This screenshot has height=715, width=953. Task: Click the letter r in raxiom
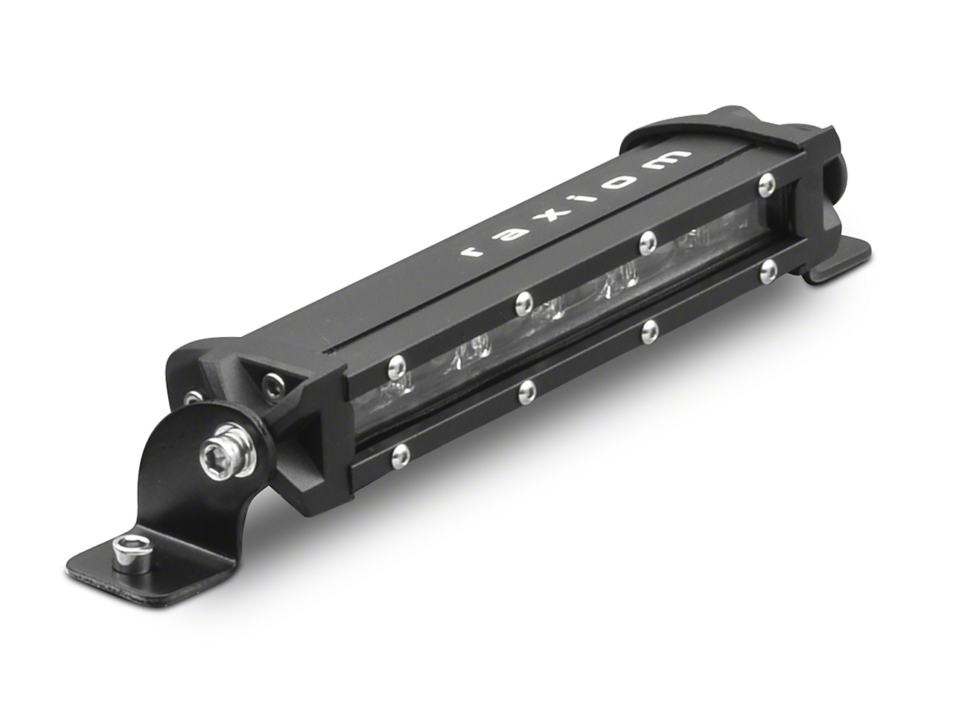[472, 251]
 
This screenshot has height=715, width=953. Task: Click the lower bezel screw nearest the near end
[402, 452]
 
